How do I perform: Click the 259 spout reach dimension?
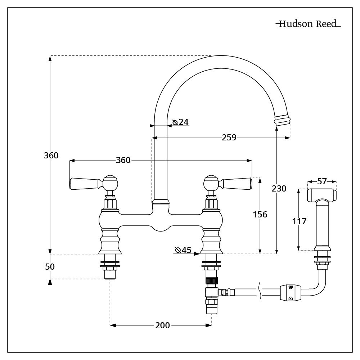(x=229, y=138)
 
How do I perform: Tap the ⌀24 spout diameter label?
(x=181, y=122)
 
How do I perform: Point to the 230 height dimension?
(x=279, y=188)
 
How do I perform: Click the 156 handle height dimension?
(x=260, y=215)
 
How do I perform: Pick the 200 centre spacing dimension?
(x=162, y=325)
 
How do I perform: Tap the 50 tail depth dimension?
(x=50, y=266)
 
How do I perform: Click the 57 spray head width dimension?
(x=322, y=182)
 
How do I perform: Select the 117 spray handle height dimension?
(x=300, y=221)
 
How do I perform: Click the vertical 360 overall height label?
(x=51, y=156)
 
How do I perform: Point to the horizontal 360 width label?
(x=123, y=161)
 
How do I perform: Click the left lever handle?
(x=85, y=183)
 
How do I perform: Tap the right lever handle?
(x=236, y=183)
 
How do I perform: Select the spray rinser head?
(x=321, y=195)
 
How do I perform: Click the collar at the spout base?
(x=160, y=202)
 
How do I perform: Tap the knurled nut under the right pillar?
(x=211, y=281)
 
